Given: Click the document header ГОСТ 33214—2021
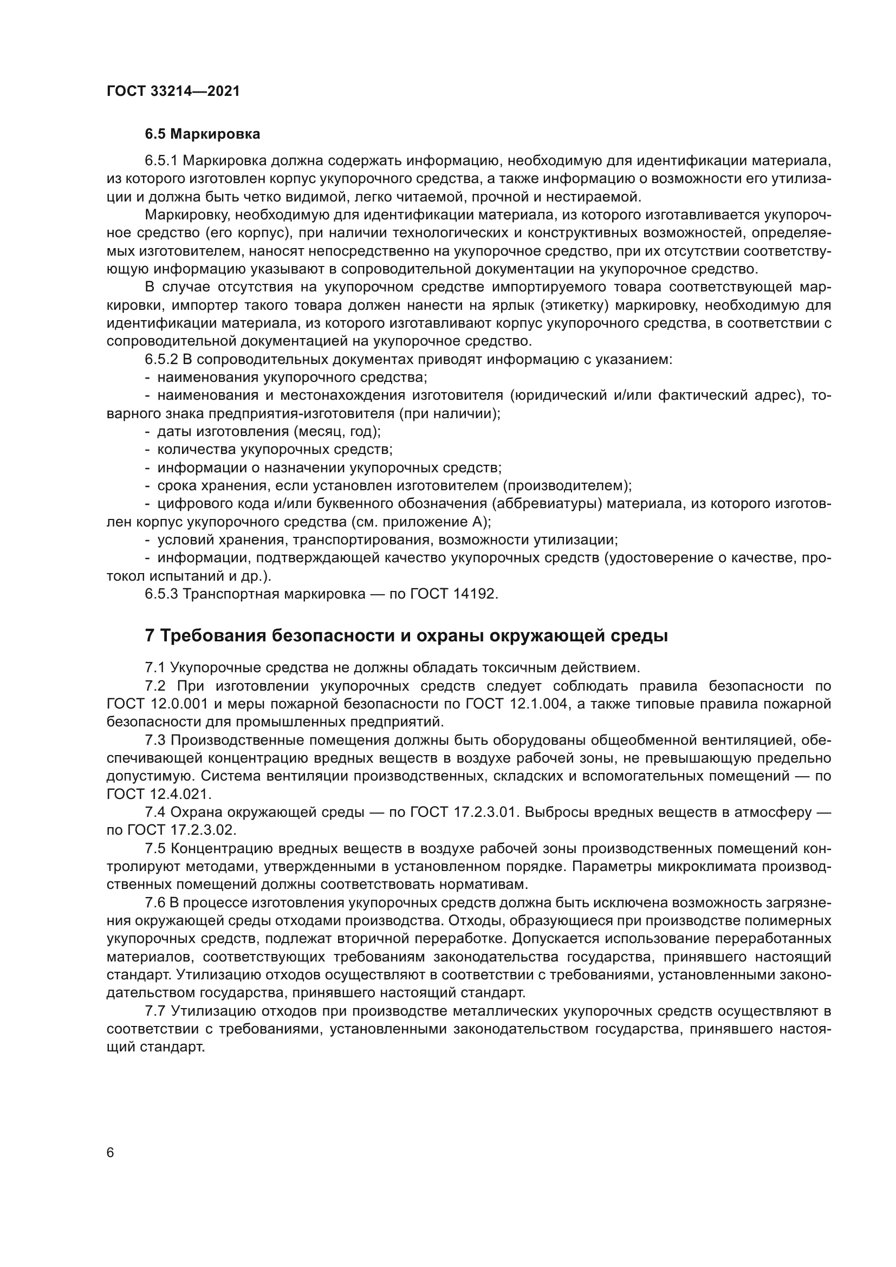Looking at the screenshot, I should [x=173, y=91].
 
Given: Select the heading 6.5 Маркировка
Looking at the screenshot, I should [x=203, y=134].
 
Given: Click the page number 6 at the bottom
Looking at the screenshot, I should [x=111, y=1153].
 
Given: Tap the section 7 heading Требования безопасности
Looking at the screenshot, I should [x=406, y=636].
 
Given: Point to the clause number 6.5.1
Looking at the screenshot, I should [x=161, y=160].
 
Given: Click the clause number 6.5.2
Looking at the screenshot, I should [x=161, y=359].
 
